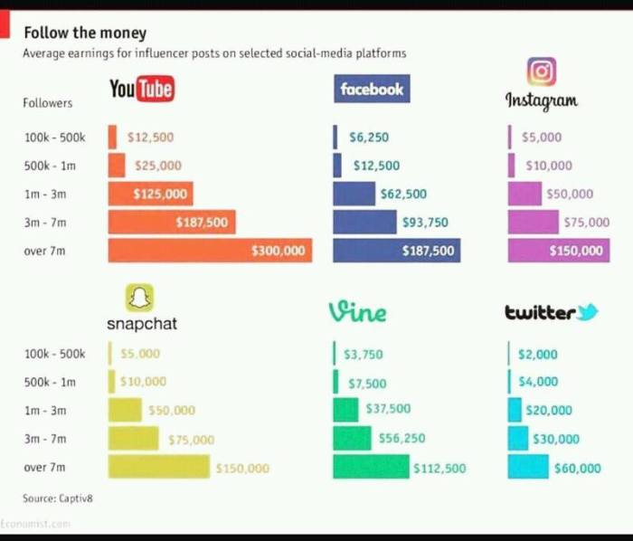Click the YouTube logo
(x=141, y=89)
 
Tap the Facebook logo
(x=372, y=89)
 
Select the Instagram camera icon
(x=541, y=71)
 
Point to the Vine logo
(x=357, y=312)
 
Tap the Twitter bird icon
(x=588, y=312)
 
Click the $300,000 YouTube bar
(x=210, y=250)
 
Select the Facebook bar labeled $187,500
(x=396, y=250)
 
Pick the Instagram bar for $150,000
(x=557, y=250)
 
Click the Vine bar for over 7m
(x=371, y=467)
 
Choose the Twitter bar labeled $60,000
(x=528, y=467)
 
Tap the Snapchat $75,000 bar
(x=133, y=439)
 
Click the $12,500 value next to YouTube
(x=150, y=138)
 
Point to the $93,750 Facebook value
(x=424, y=222)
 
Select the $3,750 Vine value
(x=366, y=354)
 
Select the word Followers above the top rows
(x=47, y=103)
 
